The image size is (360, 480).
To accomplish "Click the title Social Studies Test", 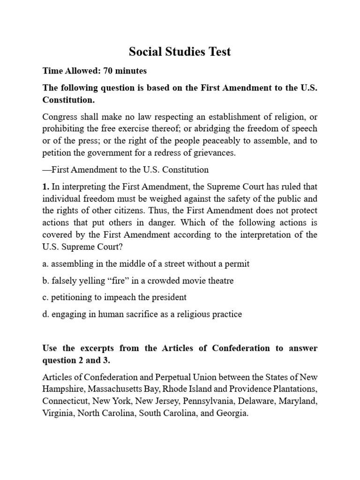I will click(x=180, y=52).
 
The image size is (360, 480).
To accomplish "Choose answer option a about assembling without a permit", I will click(x=146, y=264).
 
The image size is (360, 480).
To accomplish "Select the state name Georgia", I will click(x=231, y=414).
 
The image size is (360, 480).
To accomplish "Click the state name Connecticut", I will click(x=65, y=402).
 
